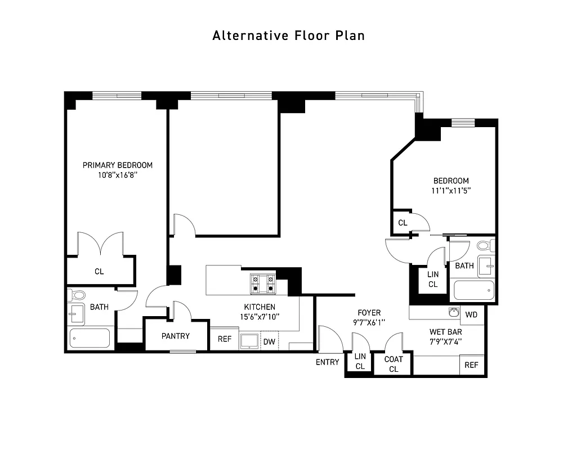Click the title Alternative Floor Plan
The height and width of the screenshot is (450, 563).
288,35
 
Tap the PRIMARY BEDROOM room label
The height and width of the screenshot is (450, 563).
117,165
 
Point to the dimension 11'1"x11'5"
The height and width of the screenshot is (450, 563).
450,190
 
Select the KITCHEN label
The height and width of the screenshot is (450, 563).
259,307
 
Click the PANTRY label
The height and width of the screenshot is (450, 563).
176,336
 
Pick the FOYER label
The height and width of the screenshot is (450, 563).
369,313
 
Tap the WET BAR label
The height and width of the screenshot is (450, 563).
445,332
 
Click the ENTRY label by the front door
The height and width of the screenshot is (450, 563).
327,362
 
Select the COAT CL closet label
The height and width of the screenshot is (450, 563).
394,364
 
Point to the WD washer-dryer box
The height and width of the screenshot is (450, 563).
471,314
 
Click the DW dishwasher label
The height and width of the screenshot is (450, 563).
269,341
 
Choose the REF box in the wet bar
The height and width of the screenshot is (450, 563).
471,365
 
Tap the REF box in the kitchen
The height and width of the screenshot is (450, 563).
224,339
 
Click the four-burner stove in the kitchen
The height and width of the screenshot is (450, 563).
262,283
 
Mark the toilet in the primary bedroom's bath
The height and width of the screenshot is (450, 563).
77,295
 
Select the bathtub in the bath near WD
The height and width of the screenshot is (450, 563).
474,290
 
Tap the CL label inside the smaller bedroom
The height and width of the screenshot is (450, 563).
403,223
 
